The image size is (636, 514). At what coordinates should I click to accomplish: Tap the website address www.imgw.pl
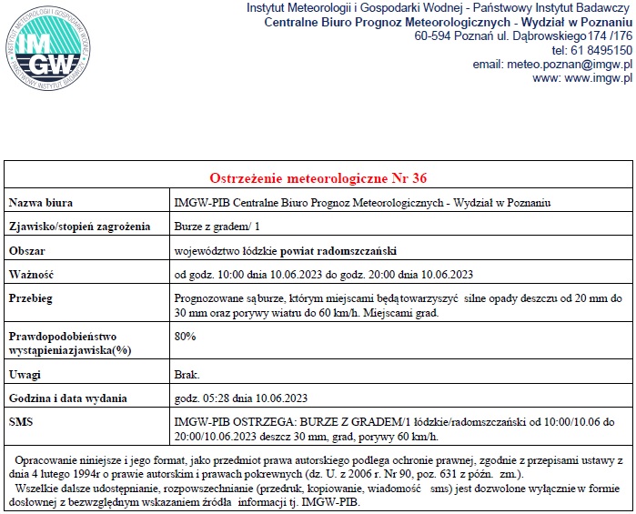coord(597,78)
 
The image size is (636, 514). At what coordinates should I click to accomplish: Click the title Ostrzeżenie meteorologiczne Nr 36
coord(318,176)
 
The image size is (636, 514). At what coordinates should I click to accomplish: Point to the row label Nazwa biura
coord(41,202)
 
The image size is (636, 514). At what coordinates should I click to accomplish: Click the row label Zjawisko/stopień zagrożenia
coord(78,226)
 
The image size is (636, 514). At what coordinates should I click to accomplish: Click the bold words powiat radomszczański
coord(338,250)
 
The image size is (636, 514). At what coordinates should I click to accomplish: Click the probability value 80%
coord(185,337)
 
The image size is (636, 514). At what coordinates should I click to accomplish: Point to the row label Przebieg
coord(31,297)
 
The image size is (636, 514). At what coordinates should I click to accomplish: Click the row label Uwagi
coord(25,375)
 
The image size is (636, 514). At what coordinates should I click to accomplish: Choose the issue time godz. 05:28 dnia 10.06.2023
coord(241,398)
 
